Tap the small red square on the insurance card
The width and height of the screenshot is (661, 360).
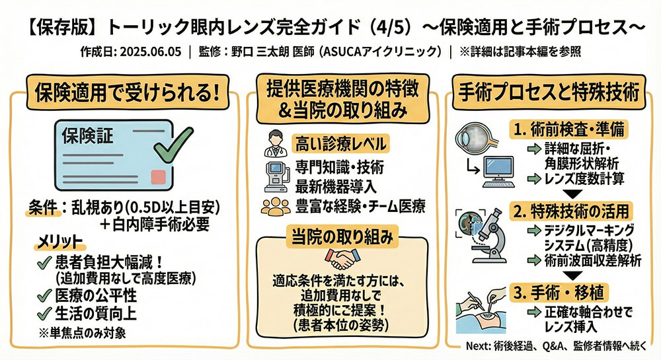[157, 176]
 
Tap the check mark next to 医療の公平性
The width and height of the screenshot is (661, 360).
[46, 295]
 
